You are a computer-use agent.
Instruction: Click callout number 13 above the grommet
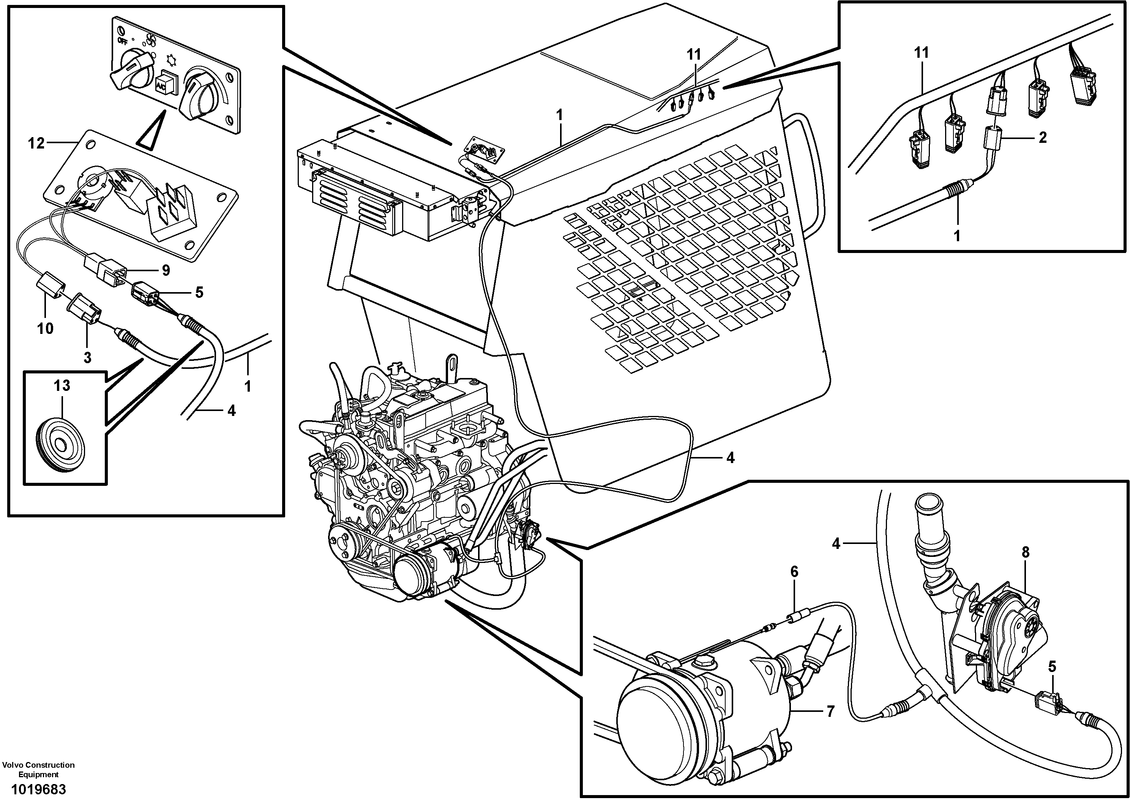point(62,386)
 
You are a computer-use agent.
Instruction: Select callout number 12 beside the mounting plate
point(36,143)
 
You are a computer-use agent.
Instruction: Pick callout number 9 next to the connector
point(166,270)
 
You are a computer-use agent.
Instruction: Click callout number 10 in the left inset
point(45,328)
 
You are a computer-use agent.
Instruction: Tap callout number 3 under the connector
point(87,357)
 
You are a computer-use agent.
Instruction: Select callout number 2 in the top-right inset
point(1042,138)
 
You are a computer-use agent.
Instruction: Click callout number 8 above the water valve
point(1026,552)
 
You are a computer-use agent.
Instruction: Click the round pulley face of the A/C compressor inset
point(660,728)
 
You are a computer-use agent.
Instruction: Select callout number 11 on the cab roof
point(694,55)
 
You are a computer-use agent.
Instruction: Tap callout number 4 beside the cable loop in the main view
point(730,458)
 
